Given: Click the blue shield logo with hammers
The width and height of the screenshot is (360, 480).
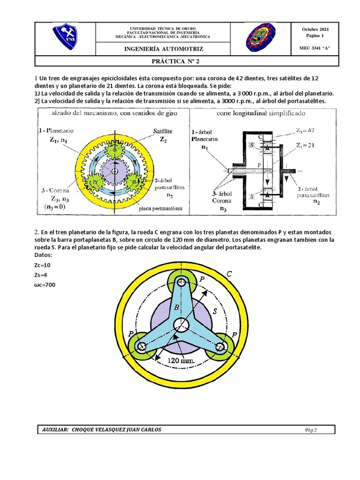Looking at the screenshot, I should coord(65,38).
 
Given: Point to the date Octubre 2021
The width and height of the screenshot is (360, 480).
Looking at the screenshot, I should coord(315,30).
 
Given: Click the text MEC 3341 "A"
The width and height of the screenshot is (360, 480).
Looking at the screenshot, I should coord(315,48).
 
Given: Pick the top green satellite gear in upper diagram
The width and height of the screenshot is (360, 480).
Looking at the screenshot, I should coord(115,151).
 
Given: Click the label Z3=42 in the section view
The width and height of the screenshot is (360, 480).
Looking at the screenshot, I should coord(305,130).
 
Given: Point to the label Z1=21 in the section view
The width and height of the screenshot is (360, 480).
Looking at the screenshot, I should coord(305,145).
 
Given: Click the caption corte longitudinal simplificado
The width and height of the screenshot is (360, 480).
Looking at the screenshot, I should coord(261,113).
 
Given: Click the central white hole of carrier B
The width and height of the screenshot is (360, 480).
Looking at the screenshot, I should coord(181,324).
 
